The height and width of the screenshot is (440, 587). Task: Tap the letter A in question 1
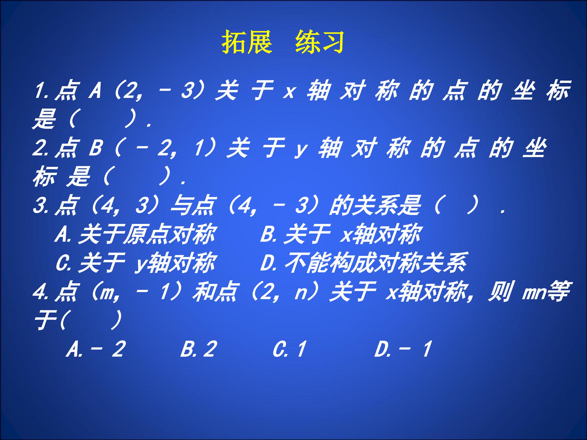pyautogui.click(x=95, y=91)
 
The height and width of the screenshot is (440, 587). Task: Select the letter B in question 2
pyautogui.click(x=96, y=148)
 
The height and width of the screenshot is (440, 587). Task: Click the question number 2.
pyautogui.click(x=39, y=148)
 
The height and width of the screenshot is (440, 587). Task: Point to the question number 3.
pyautogui.click(x=39, y=205)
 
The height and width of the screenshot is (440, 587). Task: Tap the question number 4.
pyautogui.click(x=39, y=292)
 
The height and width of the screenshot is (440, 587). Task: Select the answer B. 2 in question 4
pyautogui.click(x=199, y=349)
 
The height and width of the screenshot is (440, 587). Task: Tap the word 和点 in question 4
pyautogui.click(x=215, y=292)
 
